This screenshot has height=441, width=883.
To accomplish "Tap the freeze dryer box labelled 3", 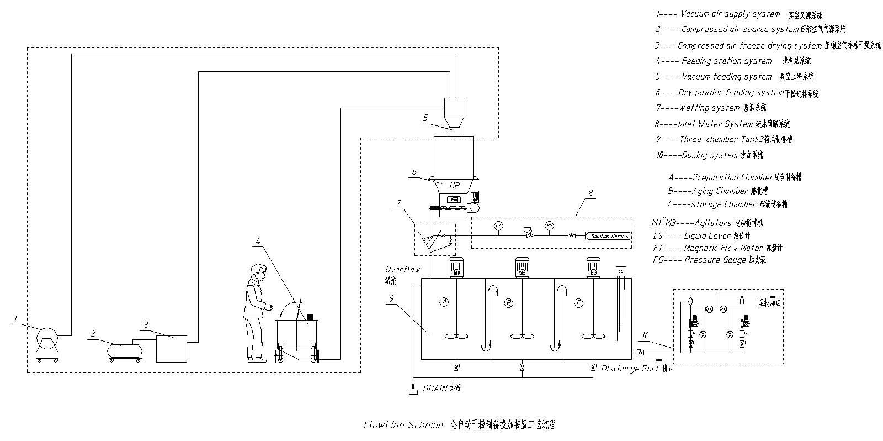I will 171,348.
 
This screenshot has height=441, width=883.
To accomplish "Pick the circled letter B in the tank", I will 508,303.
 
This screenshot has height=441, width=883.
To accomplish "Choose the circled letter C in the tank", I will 578,303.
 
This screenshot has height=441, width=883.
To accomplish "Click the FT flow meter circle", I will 498,225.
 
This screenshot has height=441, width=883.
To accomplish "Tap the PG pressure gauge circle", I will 549,225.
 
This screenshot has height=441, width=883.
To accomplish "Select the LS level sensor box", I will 621,271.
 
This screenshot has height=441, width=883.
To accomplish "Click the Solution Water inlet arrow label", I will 608,236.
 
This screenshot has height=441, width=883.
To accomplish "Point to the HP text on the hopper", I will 455,185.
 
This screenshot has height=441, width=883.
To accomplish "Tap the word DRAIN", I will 435,389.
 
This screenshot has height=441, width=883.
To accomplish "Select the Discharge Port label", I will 630,369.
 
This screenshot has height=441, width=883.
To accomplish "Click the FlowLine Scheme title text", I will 403,425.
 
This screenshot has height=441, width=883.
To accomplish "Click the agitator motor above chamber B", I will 522,267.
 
